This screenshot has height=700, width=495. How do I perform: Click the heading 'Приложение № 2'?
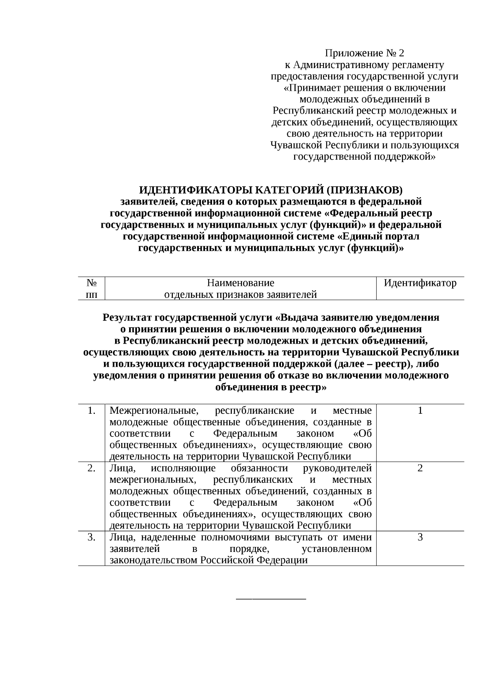coord(365,53)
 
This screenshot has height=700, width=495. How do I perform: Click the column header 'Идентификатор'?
coord(420,283)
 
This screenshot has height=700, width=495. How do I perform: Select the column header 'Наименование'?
coord(240,283)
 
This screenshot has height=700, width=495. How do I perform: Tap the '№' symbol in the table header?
coord(92,283)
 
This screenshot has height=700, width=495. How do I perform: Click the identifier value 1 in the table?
coord(420,410)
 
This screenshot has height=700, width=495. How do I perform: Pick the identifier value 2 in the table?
coord(420,468)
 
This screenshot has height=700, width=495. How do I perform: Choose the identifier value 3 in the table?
coord(420,537)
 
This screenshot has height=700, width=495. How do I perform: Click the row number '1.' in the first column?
coord(92,410)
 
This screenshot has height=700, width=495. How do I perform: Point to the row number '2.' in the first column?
coord(92,468)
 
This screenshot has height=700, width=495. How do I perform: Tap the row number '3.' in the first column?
coord(92,537)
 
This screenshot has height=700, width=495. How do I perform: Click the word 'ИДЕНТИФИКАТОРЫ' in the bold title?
coord(195,190)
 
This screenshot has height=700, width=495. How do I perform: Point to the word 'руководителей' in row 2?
coord(337,468)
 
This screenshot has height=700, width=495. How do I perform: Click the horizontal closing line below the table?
coord(271,598)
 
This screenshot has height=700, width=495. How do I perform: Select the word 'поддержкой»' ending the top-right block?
coord(407,157)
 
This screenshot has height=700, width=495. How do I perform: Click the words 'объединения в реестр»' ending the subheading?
coord(271,387)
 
